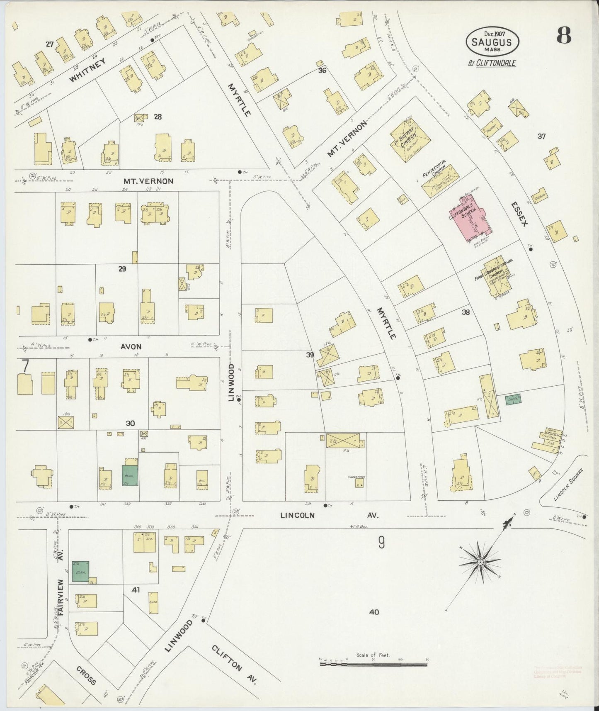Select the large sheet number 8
coord(564,36)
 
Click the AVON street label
coord(131,346)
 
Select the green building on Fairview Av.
coord(80,572)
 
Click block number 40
coord(373,611)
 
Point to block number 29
coord(122,269)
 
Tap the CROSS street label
coord(87,675)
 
